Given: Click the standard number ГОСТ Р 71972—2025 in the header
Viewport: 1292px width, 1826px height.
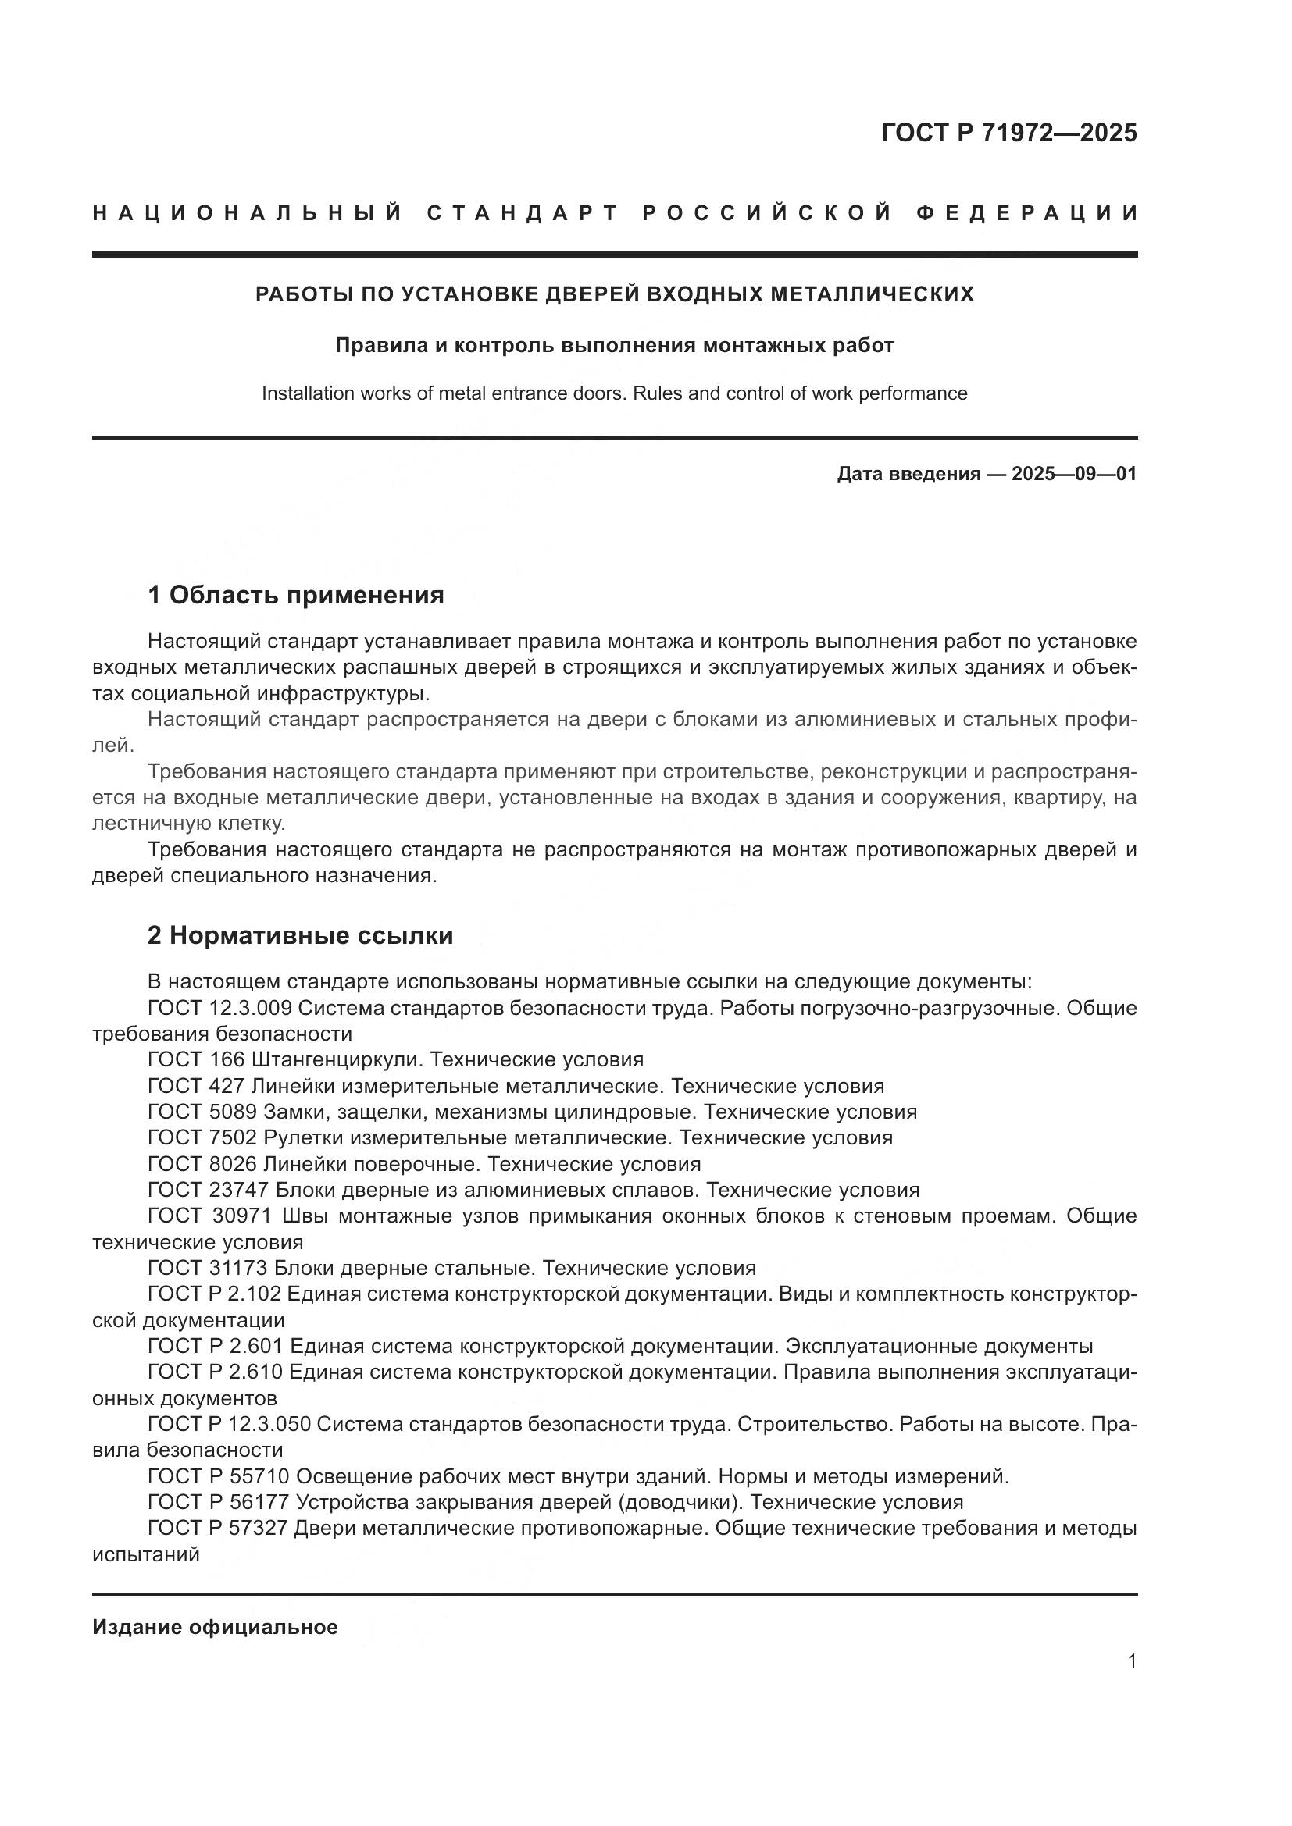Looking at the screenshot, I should point(1008,133).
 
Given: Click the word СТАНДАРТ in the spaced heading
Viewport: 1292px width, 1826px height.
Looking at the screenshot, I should point(523,213).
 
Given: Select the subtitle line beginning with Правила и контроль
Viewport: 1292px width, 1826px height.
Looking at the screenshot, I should point(614,345).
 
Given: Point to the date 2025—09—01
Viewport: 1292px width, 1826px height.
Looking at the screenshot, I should point(1074,474).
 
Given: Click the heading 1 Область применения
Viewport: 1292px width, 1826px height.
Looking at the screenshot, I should point(295,595).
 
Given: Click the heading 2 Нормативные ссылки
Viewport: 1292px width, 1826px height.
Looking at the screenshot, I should point(300,935).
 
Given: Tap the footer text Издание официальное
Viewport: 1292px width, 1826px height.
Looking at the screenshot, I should point(215,1627).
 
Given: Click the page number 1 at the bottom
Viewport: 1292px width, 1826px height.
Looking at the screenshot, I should point(1132,1661).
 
